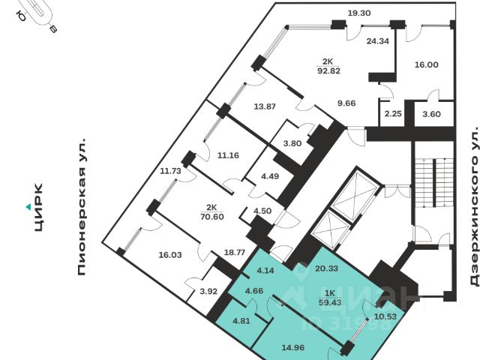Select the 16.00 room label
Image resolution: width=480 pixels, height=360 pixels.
[x=426, y=65]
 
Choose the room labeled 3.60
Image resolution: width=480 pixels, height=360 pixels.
[x=433, y=114]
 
